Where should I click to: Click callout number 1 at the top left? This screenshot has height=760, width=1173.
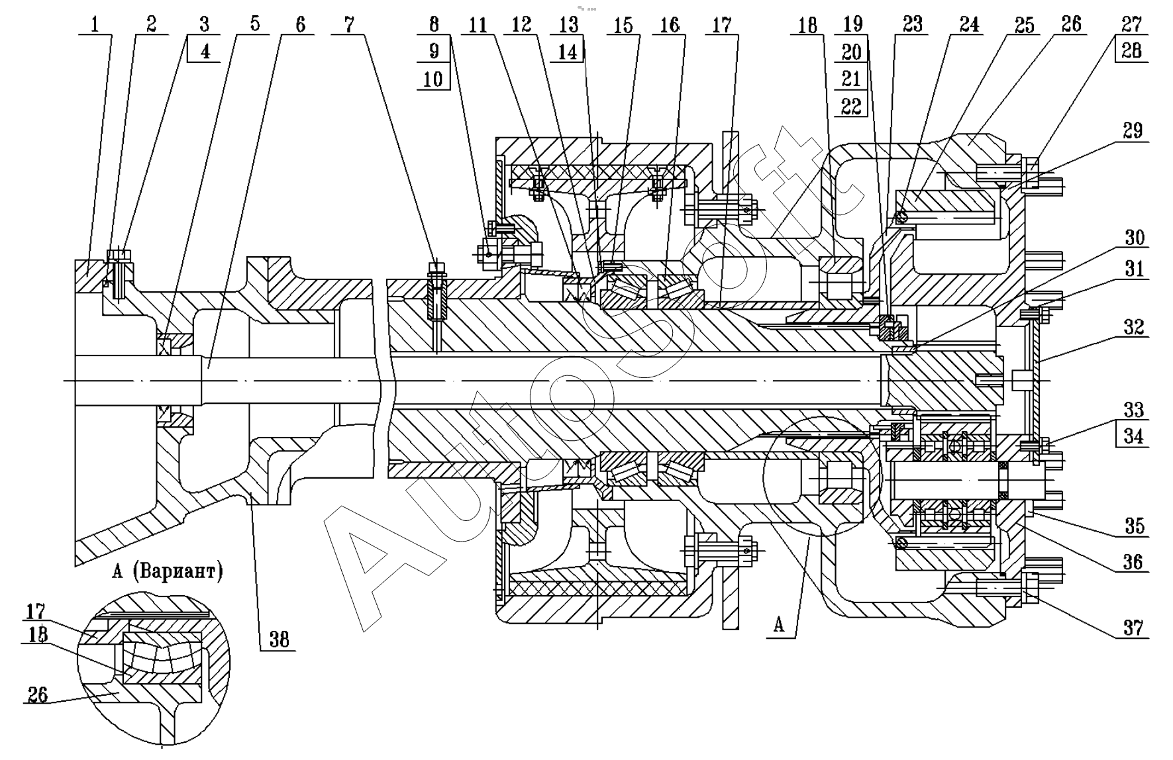click(x=95, y=24)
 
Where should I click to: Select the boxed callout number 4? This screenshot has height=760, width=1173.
click(x=205, y=52)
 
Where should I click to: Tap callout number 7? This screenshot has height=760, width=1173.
click(x=349, y=25)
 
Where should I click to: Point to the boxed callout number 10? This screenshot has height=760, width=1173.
click(x=433, y=78)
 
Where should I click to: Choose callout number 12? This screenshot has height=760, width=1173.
click(x=522, y=25)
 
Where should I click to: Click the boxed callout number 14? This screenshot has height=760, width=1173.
click(x=568, y=52)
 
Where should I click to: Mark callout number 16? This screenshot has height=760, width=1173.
click(x=670, y=25)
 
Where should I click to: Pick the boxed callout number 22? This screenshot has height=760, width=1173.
click(x=851, y=105)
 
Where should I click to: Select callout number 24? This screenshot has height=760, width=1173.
click(x=969, y=24)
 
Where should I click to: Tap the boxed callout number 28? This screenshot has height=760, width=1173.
click(x=1131, y=51)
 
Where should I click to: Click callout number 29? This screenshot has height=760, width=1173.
click(x=1133, y=130)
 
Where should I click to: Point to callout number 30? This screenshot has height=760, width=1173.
click(x=1134, y=238)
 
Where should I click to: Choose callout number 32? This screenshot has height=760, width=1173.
click(x=1134, y=327)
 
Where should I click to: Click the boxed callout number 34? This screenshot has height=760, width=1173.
click(x=1134, y=436)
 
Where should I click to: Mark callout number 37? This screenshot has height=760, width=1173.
click(x=1133, y=626)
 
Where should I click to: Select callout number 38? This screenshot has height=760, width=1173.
click(x=280, y=640)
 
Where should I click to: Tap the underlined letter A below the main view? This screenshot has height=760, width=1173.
click(x=779, y=624)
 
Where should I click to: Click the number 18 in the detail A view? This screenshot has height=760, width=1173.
click(x=38, y=635)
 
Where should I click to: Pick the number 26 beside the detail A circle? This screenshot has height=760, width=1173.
click(x=38, y=694)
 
